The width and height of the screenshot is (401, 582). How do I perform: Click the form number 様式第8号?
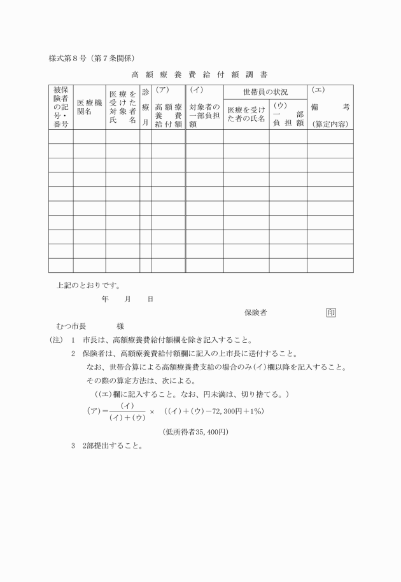(69, 59)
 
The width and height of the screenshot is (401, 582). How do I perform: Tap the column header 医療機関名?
(88, 107)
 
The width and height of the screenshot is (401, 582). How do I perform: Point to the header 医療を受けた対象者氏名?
(122, 107)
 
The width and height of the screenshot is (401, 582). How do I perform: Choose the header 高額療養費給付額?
(168, 111)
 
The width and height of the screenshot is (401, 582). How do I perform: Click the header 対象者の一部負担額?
(204, 111)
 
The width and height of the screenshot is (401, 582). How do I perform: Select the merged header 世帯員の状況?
(265, 92)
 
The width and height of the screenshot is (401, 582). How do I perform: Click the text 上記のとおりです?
(88, 285)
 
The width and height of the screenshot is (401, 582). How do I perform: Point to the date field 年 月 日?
(127, 298)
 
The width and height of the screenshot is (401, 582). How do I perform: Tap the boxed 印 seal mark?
(331, 312)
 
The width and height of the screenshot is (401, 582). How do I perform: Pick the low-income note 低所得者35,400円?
(195, 432)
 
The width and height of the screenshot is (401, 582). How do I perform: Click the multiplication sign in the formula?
(151, 412)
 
